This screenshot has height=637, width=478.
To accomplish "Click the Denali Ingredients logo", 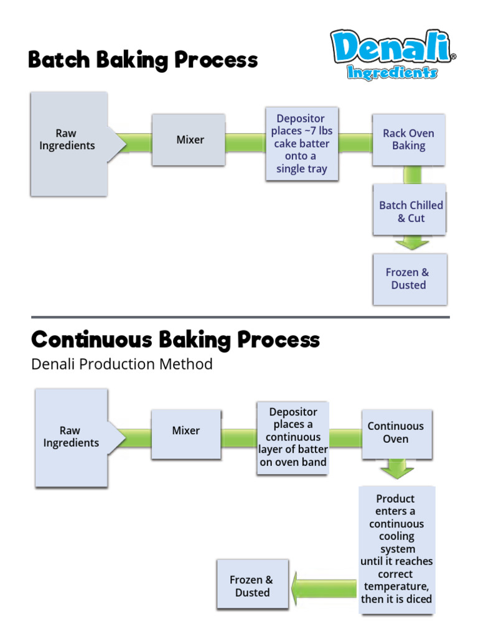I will [x=392, y=55].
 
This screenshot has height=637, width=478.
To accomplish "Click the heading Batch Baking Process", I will [x=143, y=60].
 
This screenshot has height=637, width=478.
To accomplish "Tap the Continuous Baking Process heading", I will [x=176, y=340].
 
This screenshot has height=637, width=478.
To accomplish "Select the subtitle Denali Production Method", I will [x=122, y=364].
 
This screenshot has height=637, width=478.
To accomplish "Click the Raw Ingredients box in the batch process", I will [x=68, y=143].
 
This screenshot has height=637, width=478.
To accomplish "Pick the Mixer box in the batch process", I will [x=189, y=140].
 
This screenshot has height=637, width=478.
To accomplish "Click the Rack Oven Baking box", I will [x=408, y=139].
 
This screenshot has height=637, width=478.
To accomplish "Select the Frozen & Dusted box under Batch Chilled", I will [x=409, y=279].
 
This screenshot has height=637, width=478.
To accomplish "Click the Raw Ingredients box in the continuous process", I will [x=71, y=437].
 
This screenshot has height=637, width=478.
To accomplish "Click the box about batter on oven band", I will [x=293, y=437].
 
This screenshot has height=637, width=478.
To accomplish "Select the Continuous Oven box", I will [x=396, y=433].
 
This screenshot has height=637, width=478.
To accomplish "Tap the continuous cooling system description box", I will [x=396, y=549].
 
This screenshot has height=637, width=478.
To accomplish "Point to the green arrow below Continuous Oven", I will [x=396, y=469].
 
